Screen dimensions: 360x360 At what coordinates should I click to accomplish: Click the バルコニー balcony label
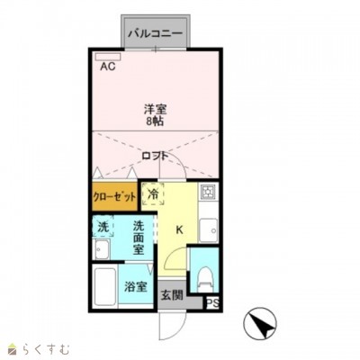tap(156, 34)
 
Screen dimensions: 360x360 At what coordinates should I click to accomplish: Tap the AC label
tap(108, 66)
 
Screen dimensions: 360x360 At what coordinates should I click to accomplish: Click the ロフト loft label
tap(154, 156)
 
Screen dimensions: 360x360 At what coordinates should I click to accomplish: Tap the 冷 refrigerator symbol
tap(153, 193)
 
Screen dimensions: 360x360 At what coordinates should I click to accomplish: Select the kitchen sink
tap(209, 229)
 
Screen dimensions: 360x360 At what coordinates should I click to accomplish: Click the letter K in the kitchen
tap(179, 229)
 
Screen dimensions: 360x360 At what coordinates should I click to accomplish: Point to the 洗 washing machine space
tap(103, 227)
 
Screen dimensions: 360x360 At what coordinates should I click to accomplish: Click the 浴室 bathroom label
tap(136, 287)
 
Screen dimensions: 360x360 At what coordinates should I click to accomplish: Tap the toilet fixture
tap(203, 272)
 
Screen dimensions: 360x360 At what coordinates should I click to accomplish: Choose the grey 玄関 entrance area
tap(170, 294)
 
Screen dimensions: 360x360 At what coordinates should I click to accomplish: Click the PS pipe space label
tap(212, 304)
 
